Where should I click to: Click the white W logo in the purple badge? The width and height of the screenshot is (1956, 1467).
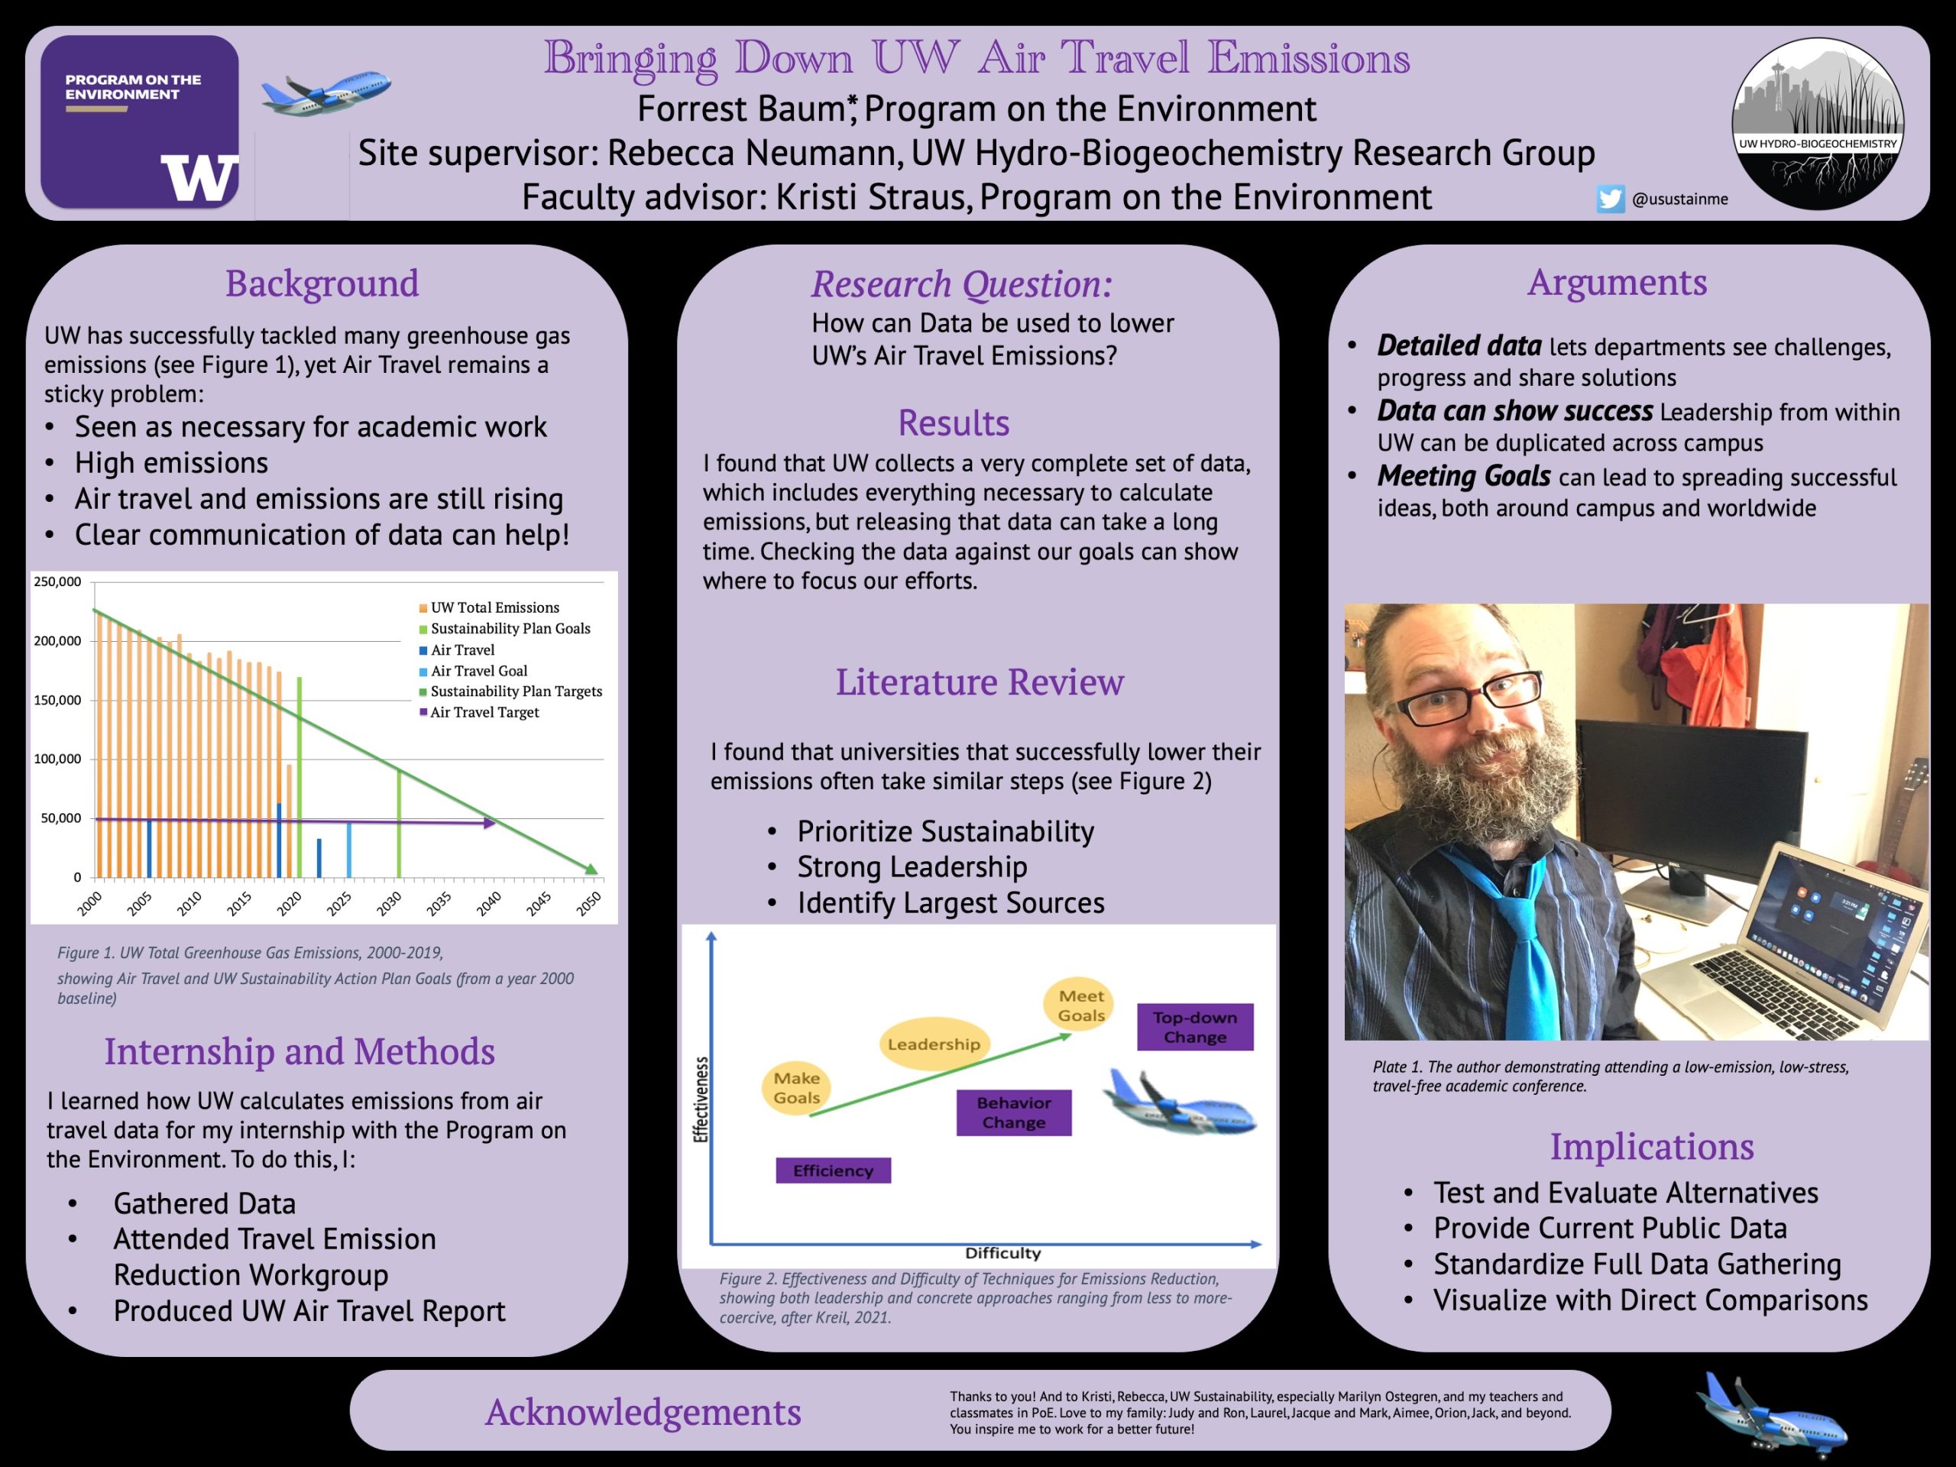coord(199,179)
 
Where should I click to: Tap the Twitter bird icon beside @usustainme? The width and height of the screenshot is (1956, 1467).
coord(1610,199)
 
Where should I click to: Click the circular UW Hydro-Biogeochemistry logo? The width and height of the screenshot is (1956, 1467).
coord(1817,124)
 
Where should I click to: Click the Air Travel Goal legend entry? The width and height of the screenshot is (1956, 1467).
coord(478,671)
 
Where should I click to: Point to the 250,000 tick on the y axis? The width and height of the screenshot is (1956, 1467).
coord(57,582)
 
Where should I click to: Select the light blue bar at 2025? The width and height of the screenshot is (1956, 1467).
coord(349,849)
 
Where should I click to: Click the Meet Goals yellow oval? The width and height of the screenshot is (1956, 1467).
coord(1080,1006)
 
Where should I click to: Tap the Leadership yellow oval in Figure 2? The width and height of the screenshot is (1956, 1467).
coord(934,1044)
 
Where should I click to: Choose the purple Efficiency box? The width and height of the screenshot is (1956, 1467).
coord(833,1171)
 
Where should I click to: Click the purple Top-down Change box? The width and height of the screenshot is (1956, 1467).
coord(1195,1028)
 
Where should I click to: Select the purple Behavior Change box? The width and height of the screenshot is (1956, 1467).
coord(1013,1112)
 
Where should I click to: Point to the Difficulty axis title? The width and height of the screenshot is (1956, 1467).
coord(1002,1253)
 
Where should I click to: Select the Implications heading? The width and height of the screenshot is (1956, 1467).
coord(1651,1147)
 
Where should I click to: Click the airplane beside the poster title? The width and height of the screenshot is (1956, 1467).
coord(326,91)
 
